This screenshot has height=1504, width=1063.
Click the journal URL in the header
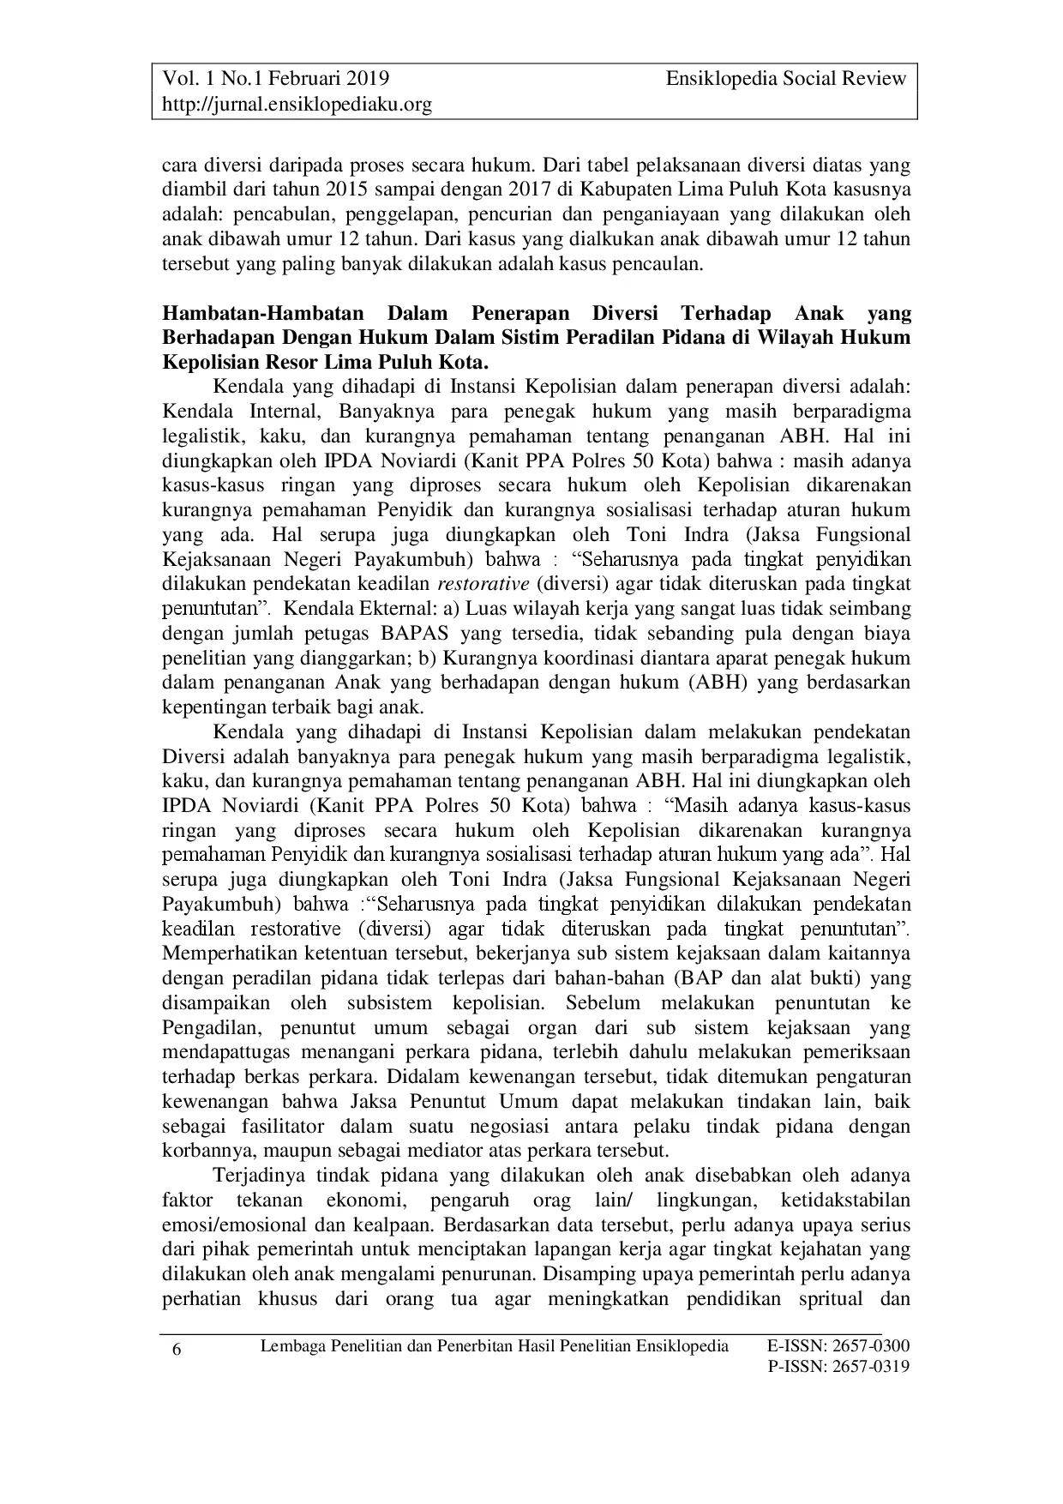(297, 105)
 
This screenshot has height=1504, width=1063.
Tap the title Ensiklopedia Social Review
(785, 79)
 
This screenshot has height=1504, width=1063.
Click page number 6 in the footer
(177, 1350)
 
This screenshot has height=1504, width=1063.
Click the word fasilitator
(272, 1127)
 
